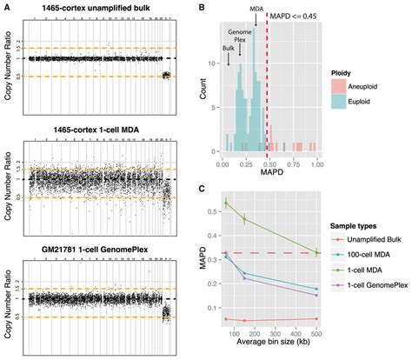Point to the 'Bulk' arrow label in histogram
pos(228,50)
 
